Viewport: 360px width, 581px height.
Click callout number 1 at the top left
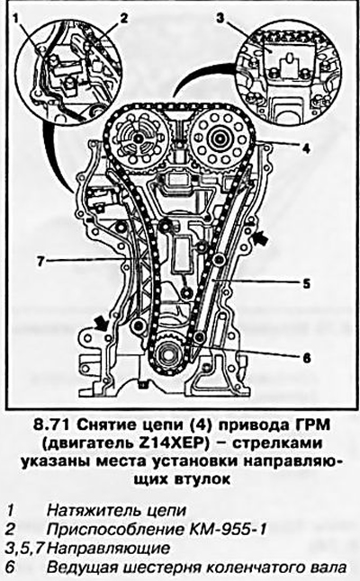pyautogui.click(x=16, y=18)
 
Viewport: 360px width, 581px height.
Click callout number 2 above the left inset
pyautogui.click(x=123, y=17)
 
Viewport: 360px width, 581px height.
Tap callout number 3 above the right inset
pyautogui.click(x=221, y=17)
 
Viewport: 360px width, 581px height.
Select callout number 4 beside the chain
pyautogui.click(x=305, y=149)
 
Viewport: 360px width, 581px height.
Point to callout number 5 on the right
pyautogui.click(x=306, y=284)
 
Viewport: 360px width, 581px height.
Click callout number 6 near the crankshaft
pyautogui.click(x=306, y=358)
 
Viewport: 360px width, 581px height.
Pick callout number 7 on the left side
pyautogui.click(x=40, y=261)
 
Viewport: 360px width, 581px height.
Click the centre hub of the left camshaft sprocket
pyautogui.click(x=139, y=139)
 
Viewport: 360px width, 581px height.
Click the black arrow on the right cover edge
pyautogui.click(x=263, y=237)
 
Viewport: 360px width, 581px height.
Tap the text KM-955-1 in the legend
pyautogui.click(x=227, y=529)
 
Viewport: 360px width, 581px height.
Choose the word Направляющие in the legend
pyautogui.click(x=109, y=549)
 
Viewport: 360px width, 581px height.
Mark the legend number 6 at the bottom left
pyautogui.click(x=11, y=568)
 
